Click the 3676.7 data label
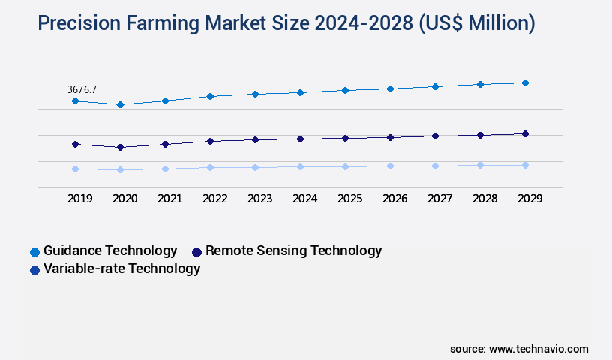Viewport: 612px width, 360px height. click(82, 89)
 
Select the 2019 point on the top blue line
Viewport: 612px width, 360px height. click(75, 100)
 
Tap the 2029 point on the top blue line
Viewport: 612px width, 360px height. click(525, 82)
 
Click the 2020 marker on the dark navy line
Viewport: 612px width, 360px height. click(120, 147)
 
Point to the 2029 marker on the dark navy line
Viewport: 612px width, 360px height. click(525, 133)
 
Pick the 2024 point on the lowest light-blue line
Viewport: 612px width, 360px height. click(300, 166)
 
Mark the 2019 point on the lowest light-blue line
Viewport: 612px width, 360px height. click(75, 169)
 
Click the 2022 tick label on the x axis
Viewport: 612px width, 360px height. click(214, 199)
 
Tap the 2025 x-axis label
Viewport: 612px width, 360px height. click(349, 199)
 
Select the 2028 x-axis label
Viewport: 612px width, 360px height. click(484, 199)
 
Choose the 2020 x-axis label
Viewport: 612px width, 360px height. click(124, 199)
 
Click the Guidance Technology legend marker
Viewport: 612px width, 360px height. click(34, 252)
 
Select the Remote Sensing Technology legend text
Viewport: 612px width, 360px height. click(293, 250)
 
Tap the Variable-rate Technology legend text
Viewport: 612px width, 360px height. click(121, 268)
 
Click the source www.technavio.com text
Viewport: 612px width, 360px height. click(519, 349)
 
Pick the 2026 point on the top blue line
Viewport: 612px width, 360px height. click(390, 88)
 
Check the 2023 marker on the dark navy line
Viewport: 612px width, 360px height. click(255, 139)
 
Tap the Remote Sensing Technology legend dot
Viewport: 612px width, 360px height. click(197, 252)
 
